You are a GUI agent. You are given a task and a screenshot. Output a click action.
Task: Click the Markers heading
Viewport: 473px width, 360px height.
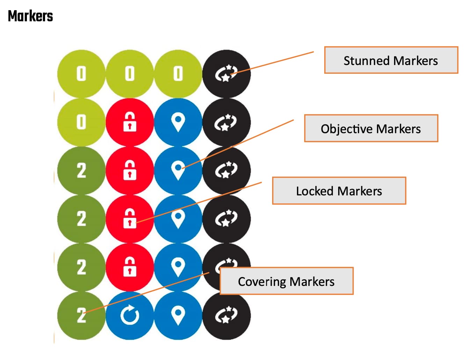coord(30,16)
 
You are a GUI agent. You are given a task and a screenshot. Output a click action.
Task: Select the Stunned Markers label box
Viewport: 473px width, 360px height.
coord(391,60)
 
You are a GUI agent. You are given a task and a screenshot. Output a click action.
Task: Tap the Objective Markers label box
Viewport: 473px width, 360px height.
coord(371,128)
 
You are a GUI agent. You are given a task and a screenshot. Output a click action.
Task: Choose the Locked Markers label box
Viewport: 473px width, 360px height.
coord(339,190)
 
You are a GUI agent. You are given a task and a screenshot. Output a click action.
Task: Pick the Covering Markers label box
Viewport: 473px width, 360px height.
coord(286,281)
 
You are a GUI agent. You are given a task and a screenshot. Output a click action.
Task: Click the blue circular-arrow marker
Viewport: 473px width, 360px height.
coord(130,315)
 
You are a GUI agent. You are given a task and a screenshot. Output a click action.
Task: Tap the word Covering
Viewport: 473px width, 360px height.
coord(262,281)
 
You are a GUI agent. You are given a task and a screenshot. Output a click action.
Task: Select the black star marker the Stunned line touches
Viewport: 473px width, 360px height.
coord(226,73)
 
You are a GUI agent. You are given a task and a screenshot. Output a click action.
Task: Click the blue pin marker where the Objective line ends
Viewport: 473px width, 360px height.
coord(178,170)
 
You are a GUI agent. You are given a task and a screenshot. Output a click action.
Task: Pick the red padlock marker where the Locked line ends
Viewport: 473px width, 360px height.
coord(130,219)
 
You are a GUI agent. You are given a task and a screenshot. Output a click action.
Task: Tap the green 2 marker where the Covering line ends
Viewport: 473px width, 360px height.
coord(81,315)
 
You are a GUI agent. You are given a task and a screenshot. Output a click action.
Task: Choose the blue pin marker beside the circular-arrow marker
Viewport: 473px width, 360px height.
coord(178,315)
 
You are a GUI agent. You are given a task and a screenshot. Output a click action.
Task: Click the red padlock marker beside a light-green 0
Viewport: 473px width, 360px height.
coord(130,122)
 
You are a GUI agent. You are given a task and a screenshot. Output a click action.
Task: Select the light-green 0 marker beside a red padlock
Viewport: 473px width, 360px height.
coord(81,122)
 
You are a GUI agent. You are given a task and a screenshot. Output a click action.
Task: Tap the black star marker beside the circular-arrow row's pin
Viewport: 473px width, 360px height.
coord(226,315)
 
